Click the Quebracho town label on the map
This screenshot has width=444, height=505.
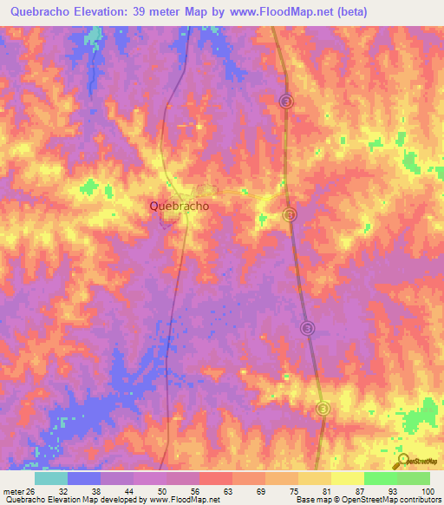coord(179,207)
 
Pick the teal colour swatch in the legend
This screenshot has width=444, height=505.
coord(51,479)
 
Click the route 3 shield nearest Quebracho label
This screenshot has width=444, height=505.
coord(291,213)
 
